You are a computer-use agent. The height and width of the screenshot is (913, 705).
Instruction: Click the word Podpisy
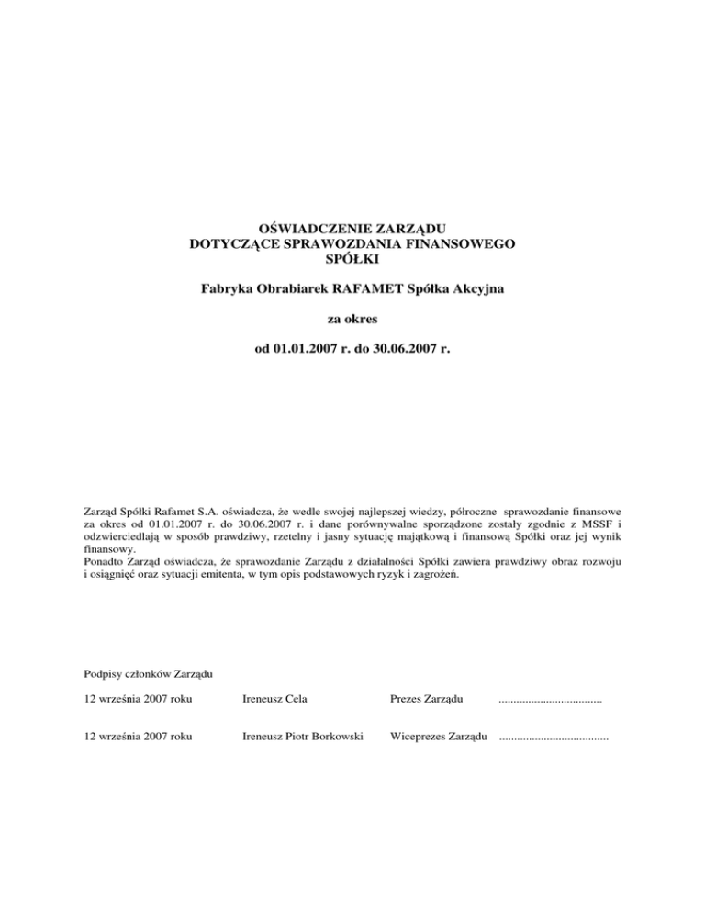[x=103, y=675]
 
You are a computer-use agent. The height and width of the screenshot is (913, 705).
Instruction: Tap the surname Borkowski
[x=333, y=736]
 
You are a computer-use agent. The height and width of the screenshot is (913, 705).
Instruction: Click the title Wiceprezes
[x=419, y=736]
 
